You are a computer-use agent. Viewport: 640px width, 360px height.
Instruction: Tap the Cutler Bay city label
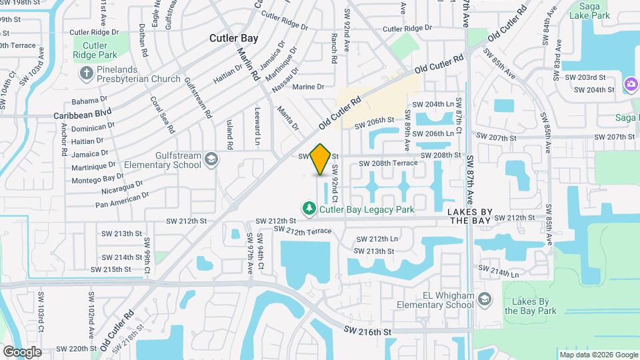click(x=233, y=38)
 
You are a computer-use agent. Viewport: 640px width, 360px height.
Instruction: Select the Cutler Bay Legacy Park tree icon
click(x=309, y=209)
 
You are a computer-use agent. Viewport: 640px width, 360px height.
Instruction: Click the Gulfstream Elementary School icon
click(x=211, y=159)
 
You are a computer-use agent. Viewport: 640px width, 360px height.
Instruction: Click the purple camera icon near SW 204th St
click(x=630, y=83)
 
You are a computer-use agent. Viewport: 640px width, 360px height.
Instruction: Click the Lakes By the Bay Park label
click(x=530, y=305)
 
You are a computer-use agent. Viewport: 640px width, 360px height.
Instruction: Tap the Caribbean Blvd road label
click(x=82, y=115)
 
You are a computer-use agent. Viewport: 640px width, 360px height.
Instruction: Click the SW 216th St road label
click(x=367, y=330)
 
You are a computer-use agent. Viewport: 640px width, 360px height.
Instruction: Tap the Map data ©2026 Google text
click(x=599, y=355)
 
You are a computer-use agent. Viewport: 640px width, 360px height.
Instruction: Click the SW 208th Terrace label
click(x=388, y=163)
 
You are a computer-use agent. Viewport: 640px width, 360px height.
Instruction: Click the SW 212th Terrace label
click(x=303, y=231)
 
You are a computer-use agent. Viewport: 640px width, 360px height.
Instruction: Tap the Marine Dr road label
click(x=308, y=87)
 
